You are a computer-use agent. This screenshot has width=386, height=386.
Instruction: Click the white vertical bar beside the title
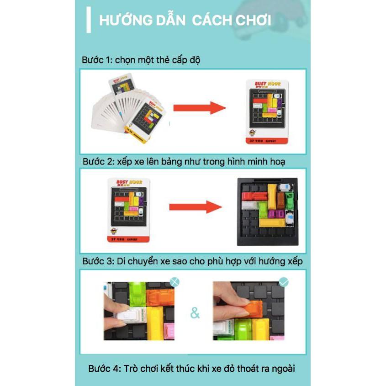(89, 20)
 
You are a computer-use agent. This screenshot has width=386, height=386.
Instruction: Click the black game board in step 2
(267, 212)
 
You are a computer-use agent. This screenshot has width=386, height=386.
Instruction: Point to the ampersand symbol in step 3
(195, 314)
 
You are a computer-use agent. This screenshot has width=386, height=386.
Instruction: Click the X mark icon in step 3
(174, 281)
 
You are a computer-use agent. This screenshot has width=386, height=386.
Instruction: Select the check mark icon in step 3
(284, 282)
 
